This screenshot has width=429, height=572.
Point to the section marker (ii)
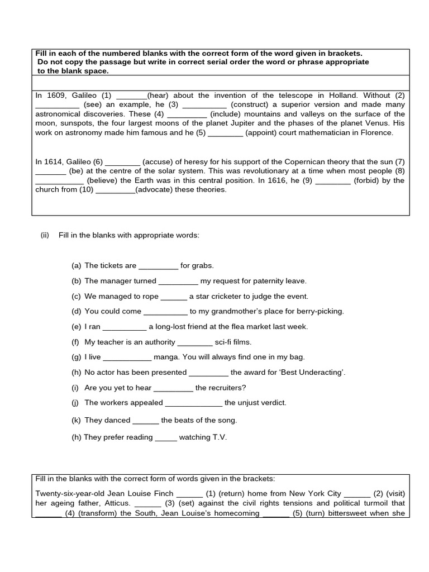(x=45, y=235)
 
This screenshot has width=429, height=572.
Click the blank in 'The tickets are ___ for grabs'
(x=158, y=266)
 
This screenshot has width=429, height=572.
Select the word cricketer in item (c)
(x=246, y=296)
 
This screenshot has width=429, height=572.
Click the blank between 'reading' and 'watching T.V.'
(x=166, y=437)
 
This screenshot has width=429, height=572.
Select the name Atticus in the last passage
(x=115, y=503)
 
